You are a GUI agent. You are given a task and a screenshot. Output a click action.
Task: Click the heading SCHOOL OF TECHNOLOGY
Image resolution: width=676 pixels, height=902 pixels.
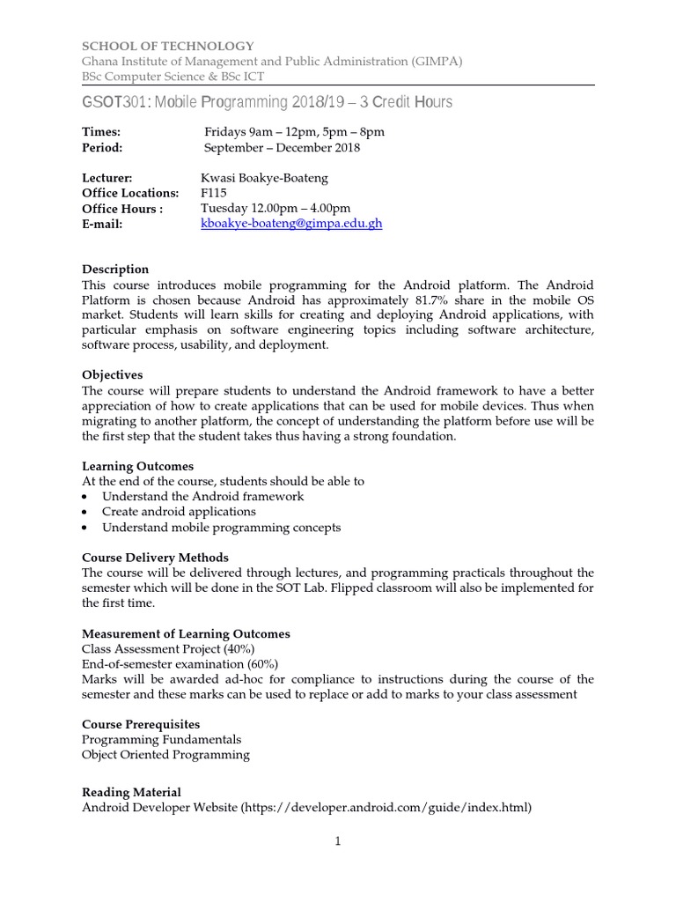(x=168, y=46)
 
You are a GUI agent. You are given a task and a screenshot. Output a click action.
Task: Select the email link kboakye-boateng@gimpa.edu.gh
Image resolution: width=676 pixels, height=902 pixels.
(x=291, y=224)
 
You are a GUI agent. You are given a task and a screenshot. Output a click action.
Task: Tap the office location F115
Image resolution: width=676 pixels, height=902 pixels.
(x=214, y=193)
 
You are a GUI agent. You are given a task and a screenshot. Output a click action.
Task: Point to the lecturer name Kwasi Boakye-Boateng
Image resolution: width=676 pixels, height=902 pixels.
(x=264, y=178)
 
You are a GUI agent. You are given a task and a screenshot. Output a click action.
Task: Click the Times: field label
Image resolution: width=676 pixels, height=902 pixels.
(x=102, y=132)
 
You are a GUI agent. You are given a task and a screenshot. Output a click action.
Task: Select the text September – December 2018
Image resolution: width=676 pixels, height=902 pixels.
(x=282, y=147)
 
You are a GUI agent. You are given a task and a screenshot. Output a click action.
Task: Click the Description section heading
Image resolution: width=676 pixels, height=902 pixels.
(x=115, y=270)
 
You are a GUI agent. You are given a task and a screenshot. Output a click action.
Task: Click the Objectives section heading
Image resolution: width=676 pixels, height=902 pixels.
(x=112, y=375)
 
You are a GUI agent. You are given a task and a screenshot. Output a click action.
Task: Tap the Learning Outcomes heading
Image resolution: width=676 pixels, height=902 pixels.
(x=137, y=466)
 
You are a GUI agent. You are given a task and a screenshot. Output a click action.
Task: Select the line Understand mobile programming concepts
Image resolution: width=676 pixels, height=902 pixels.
(x=221, y=528)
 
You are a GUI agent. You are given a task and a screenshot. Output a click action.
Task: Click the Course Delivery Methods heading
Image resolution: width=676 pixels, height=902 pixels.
(x=155, y=558)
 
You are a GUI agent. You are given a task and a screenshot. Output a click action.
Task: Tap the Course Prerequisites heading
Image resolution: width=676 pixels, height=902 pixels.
(x=141, y=724)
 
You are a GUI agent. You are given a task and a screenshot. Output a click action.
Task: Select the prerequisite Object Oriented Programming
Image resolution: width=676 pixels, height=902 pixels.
(x=165, y=755)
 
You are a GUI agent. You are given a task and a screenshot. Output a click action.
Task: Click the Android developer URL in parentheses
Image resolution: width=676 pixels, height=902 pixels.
(x=386, y=808)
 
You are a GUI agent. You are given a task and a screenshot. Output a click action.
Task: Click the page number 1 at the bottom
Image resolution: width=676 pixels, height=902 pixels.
(x=337, y=841)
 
